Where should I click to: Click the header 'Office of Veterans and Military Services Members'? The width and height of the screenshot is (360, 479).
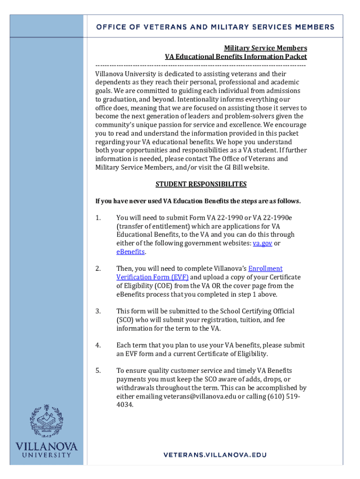[215, 27]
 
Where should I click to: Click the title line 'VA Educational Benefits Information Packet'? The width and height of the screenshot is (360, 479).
[236, 57]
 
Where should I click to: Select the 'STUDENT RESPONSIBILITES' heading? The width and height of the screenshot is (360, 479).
[201, 184]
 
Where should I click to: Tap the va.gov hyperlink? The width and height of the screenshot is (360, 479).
[262, 243]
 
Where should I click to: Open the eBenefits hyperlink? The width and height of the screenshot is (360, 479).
[131, 252]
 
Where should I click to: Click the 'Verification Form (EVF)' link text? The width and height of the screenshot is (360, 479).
[146, 277]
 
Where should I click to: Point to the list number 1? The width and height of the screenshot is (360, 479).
[98, 218]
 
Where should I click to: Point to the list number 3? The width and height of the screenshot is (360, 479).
[98, 311]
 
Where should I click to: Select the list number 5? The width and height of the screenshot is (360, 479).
[98, 370]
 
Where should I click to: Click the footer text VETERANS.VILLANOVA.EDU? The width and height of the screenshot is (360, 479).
[215, 455]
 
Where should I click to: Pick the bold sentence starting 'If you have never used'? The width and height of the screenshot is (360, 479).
[198, 201]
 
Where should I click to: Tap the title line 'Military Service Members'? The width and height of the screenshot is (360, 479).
[266, 48]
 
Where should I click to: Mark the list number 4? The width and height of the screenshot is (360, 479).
[98, 345]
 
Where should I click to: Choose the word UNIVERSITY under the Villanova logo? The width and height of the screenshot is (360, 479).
[46, 455]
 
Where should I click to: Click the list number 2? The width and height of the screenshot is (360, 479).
[98, 269]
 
